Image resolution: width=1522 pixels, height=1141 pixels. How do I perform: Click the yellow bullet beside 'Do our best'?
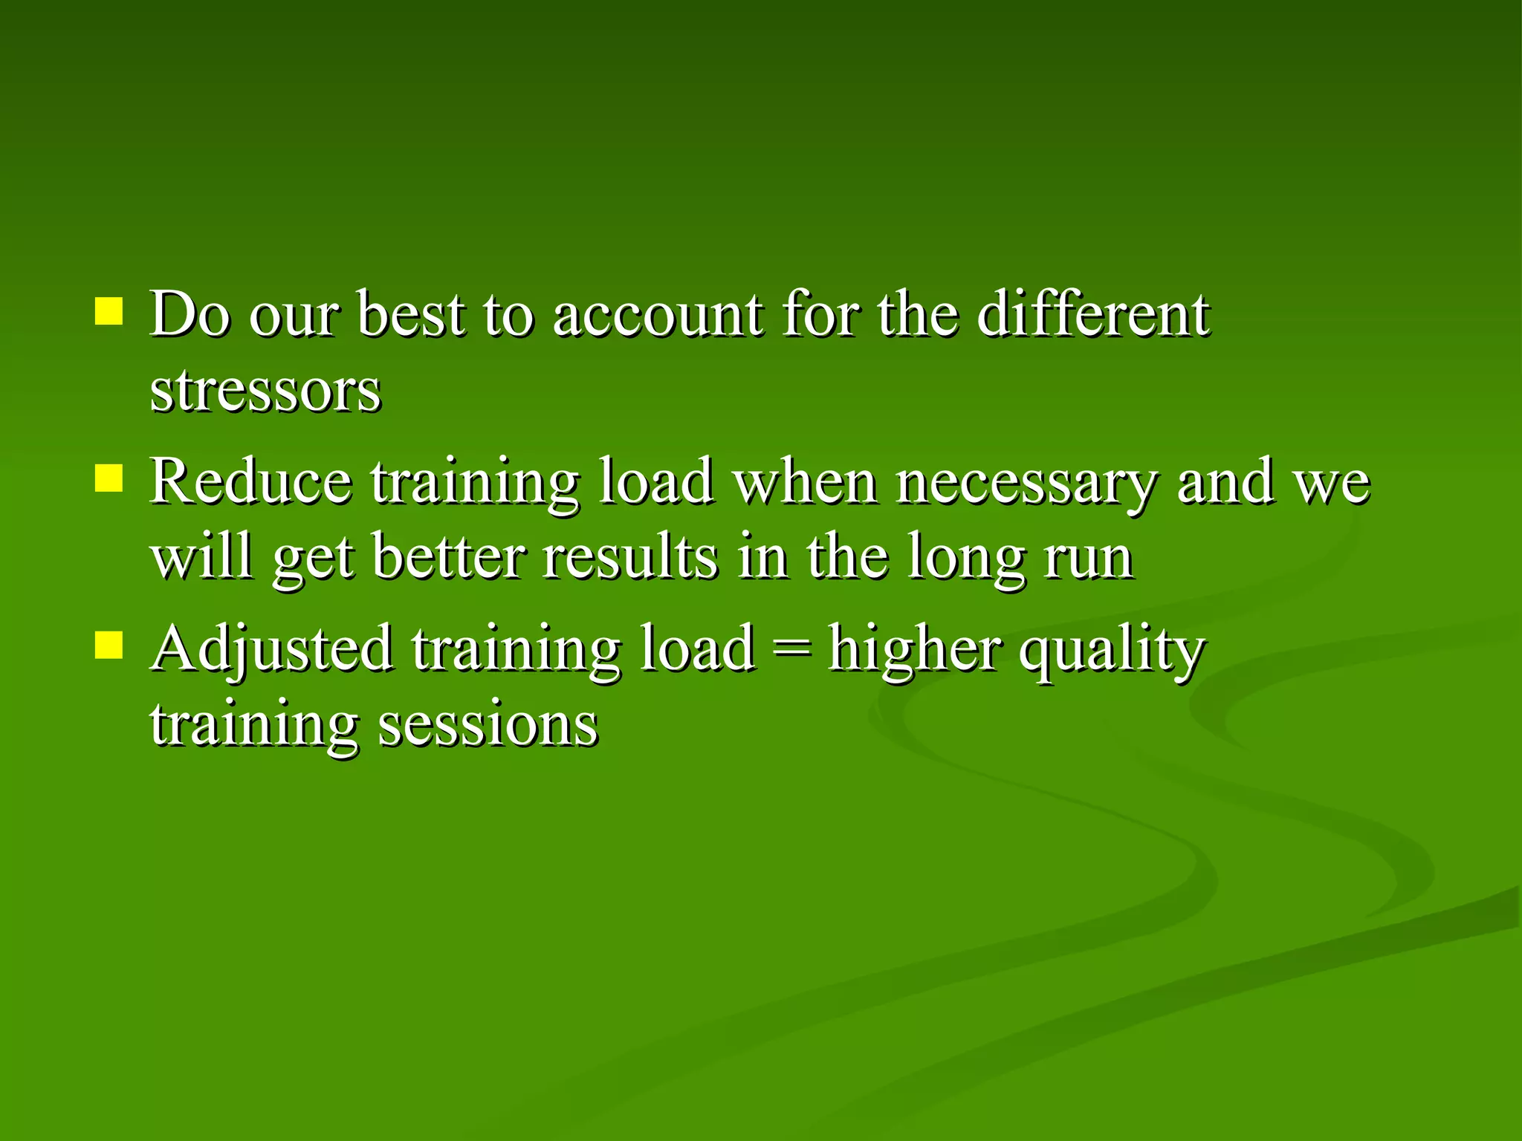click(x=109, y=312)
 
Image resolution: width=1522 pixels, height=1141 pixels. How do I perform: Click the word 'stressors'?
click(x=265, y=391)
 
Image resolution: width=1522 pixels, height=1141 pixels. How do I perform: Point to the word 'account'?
click(x=658, y=315)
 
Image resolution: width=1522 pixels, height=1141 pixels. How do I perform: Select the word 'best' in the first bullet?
click(x=411, y=315)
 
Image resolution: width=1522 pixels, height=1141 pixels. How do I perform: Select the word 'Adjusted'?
click(x=272, y=649)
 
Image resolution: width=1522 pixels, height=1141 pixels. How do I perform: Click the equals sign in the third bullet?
click(x=791, y=649)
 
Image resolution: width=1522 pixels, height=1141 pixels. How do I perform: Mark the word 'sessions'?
click(x=488, y=725)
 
